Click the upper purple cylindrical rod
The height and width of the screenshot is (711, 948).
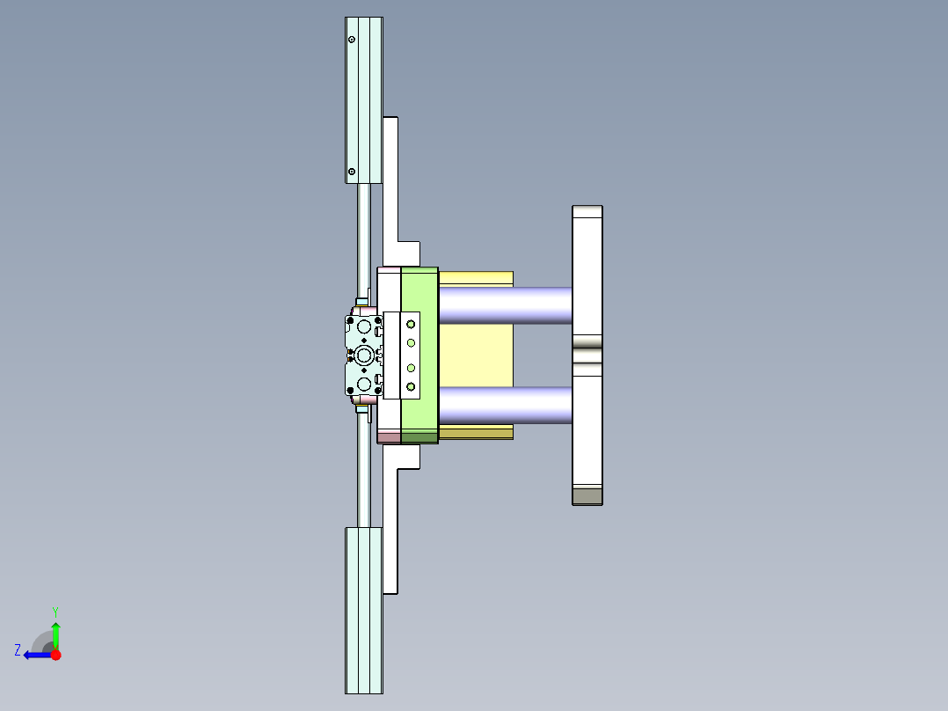[506, 305]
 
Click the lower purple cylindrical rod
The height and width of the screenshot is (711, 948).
[506, 405]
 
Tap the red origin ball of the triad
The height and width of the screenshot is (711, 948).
[55, 655]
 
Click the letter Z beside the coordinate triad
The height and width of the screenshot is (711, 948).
[18, 650]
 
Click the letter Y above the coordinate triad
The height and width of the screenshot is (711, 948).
[55, 611]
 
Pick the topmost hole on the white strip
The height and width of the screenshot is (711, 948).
[411, 324]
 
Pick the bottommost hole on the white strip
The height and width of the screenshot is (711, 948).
[411, 386]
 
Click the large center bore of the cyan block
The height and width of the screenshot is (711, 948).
[364, 355]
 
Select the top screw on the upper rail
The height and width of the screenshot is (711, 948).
[352, 40]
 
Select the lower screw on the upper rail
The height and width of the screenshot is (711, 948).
[352, 172]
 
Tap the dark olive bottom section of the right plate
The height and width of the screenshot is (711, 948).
[587, 496]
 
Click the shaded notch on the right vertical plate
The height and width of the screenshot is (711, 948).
[587, 355]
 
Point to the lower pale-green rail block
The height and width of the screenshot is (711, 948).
[363, 610]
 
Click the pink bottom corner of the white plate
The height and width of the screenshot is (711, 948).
[389, 437]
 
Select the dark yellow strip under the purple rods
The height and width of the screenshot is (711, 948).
[476, 433]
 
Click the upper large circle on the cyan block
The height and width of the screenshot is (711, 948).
[364, 326]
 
